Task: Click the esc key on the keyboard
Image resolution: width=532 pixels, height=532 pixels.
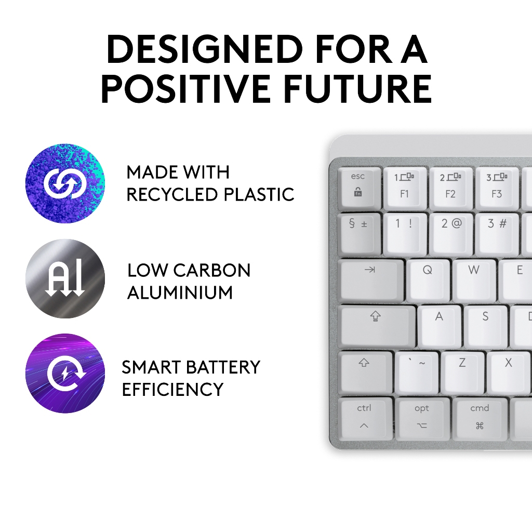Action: coord(360,188)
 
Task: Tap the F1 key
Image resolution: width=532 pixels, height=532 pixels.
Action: coord(405,188)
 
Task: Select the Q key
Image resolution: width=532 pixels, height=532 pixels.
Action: coord(429,281)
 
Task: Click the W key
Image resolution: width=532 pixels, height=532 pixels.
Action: coord(475,281)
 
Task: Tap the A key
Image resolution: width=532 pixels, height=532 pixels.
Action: coord(440,327)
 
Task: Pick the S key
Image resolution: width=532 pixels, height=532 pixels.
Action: coord(486,327)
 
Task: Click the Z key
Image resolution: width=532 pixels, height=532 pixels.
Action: coord(462,373)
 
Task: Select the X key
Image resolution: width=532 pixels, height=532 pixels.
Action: coord(509,373)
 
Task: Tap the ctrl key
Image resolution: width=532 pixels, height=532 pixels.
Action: coord(365,419)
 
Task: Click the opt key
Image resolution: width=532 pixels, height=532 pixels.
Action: coord(423,419)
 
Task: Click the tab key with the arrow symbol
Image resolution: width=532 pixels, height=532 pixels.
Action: coord(371,281)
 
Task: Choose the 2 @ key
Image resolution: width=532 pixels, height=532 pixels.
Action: coord(451,234)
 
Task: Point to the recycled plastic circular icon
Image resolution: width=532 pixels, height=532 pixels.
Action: coord(65,183)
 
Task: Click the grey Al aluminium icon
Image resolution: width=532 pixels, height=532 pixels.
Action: coord(65,278)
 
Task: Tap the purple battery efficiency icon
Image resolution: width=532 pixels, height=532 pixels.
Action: coord(65,374)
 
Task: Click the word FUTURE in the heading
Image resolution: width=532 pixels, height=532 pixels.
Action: coord(357,89)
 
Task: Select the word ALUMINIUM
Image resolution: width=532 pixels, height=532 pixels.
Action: coord(180,292)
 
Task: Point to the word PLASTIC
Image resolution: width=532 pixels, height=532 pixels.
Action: coord(259,194)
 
